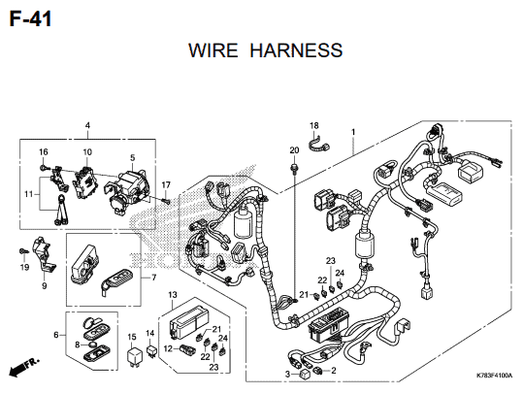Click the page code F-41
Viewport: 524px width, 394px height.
(30, 18)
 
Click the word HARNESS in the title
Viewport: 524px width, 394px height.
(296, 50)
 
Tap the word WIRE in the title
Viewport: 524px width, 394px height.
(213, 50)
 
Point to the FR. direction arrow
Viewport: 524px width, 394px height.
(23, 367)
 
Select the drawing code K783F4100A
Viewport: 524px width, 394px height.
(494, 376)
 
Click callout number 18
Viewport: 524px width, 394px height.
(314, 125)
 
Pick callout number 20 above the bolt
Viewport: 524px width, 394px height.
(294, 150)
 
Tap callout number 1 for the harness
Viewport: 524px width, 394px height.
(353, 132)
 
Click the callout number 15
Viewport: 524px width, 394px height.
(132, 337)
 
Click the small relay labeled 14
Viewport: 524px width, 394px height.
(151, 350)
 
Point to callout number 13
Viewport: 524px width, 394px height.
(173, 295)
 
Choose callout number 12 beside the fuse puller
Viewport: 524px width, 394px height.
(168, 349)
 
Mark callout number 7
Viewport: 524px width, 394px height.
(153, 278)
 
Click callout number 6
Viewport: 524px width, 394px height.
(56, 335)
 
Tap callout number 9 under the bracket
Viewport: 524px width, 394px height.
(44, 285)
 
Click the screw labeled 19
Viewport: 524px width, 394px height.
(23, 250)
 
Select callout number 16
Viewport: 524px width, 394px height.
(44, 152)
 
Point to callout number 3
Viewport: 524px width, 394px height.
(288, 375)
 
